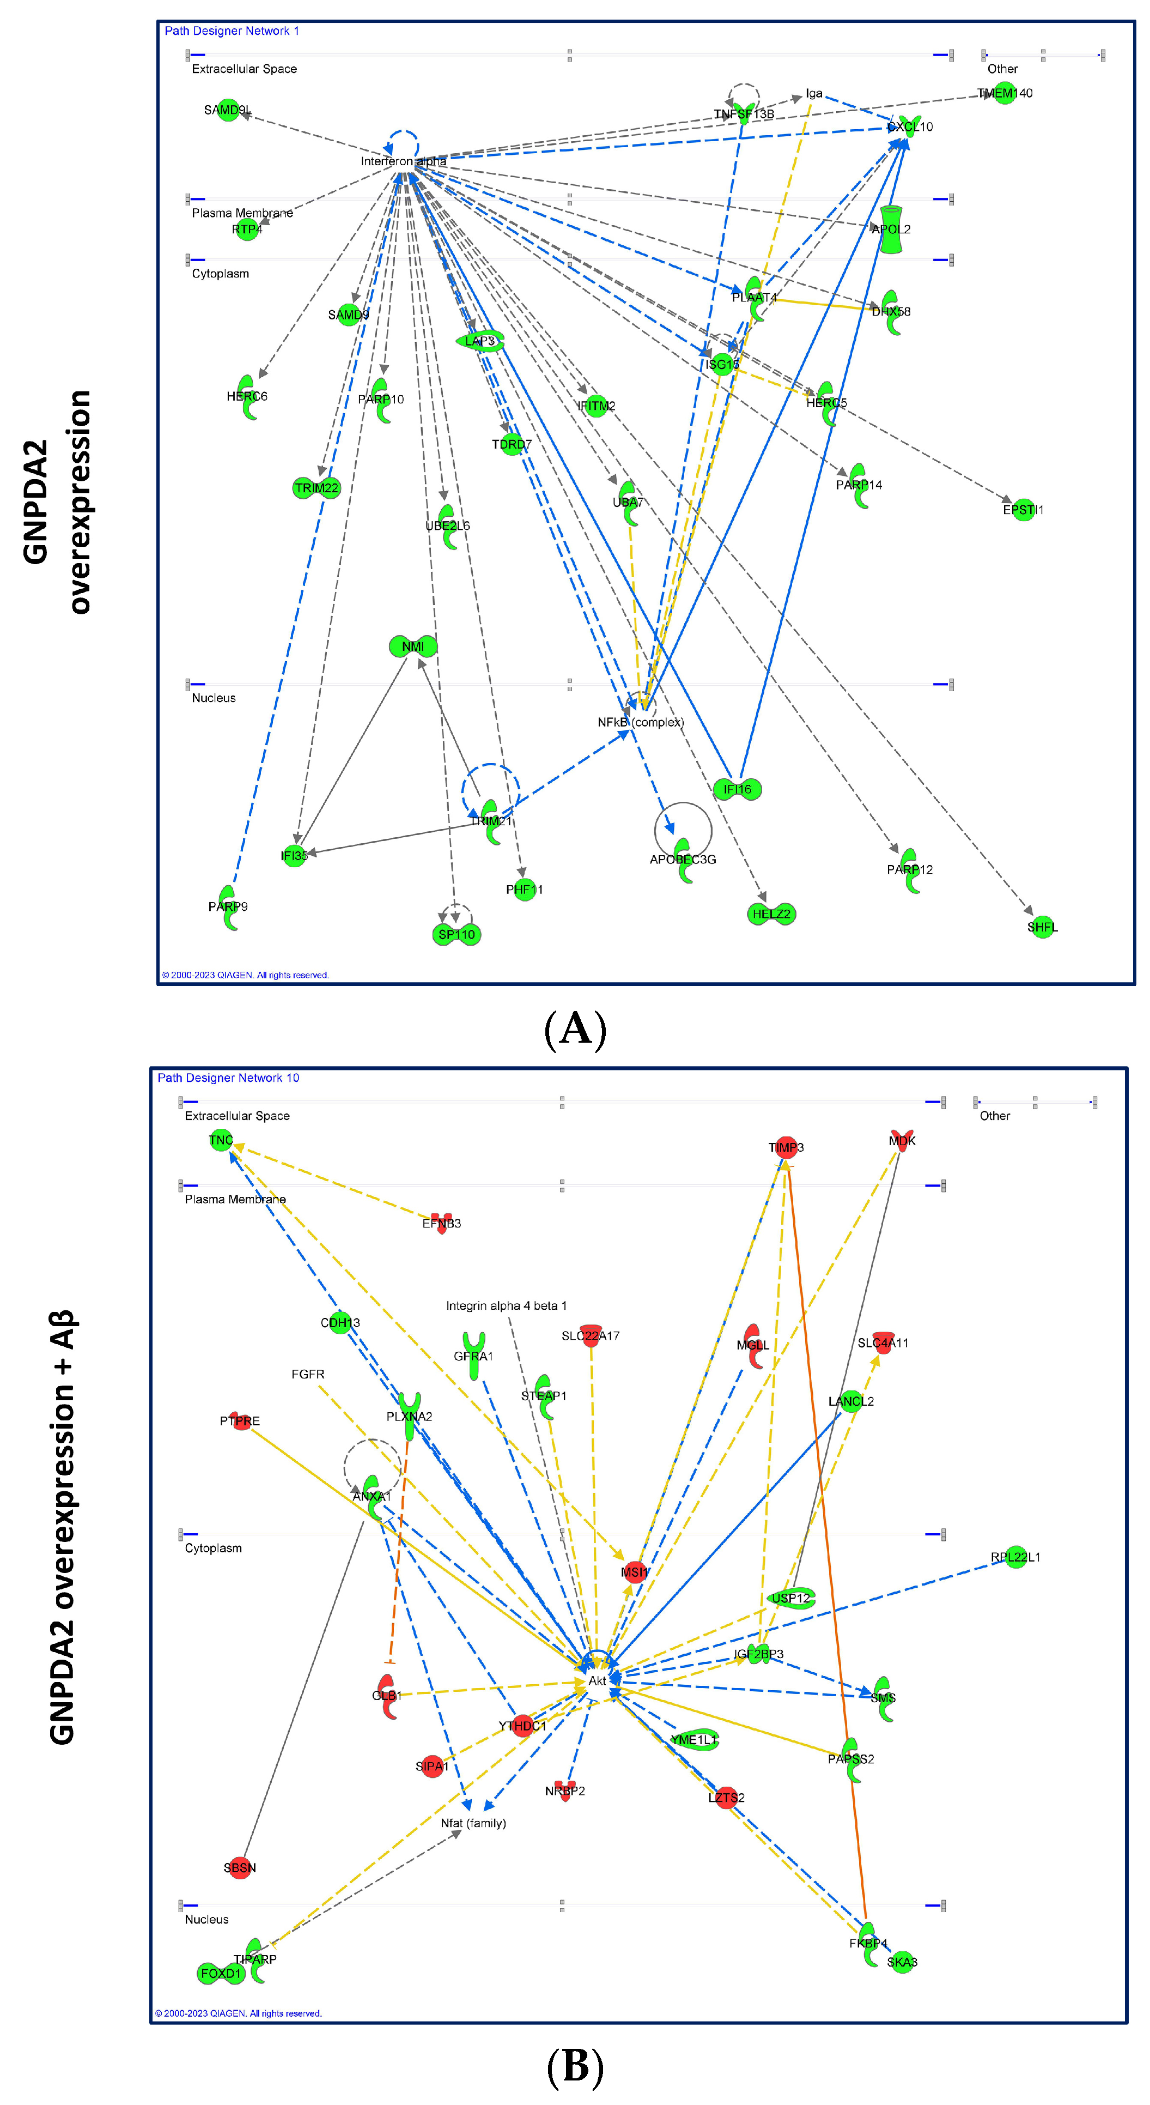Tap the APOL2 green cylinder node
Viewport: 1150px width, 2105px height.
click(x=890, y=229)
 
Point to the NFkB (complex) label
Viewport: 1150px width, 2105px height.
click(x=640, y=722)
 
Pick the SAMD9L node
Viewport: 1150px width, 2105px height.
click(x=227, y=110)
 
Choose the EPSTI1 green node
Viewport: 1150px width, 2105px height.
click(x=1023, y=510)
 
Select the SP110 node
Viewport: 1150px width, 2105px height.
click(x=456, y=934)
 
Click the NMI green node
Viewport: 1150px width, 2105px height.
click(x=412, y=646)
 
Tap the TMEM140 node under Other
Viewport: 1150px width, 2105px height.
click(x=1005, y=93)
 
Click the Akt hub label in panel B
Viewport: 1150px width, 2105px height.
click(x=597, y=1681)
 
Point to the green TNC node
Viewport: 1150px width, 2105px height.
click(x=221, y=1140)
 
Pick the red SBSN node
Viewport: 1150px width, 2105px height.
click(x=239, y=1868)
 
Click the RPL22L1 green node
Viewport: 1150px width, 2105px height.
click(x=1015, y=1558)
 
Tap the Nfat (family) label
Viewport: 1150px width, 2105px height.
click(x=473, y=1823)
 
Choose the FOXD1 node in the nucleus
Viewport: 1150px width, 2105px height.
click(x=221, y=1974)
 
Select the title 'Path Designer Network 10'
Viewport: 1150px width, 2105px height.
click(x=228, y=1078)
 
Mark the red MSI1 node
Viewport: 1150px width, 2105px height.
click(x=634, y=1571)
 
